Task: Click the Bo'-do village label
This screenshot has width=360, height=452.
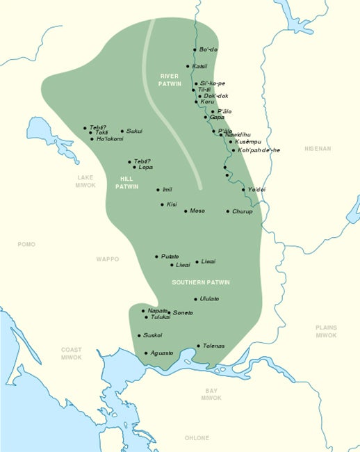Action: coord(208,50)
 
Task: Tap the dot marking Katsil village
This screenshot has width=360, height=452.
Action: coord(188,66)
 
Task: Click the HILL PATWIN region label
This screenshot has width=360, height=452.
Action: coord(126,182)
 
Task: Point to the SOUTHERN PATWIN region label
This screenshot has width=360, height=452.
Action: coord(201,282)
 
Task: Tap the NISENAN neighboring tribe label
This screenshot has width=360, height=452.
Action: coord(319,149)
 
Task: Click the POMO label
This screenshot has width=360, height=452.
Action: coord(26,245)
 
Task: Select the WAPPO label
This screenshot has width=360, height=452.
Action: coord(108,259)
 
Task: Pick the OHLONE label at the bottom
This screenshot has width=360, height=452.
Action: coord(197,438)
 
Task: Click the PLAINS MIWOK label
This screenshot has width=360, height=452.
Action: coord(326,331)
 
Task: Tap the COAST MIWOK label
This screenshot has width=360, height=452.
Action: coord(71,354)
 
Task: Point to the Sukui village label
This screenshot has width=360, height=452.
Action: coord(134,131)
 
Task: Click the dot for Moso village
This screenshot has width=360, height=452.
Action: coord(186,211)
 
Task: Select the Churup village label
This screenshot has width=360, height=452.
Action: coord(243,211)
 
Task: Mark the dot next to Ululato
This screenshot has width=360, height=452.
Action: coord(196,299)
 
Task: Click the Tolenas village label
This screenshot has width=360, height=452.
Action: coord(214,346)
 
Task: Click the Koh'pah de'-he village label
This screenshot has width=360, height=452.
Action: coord(259,150)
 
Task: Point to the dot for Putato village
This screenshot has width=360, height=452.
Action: coord(157,257)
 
